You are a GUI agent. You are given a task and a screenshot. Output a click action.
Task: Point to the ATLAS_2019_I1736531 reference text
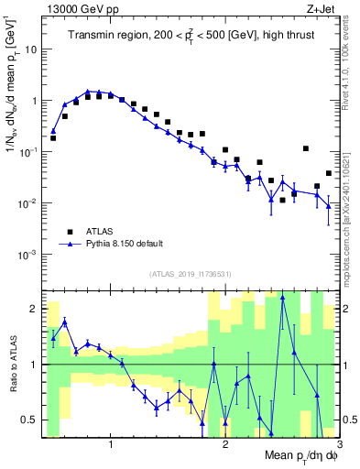point(191,274)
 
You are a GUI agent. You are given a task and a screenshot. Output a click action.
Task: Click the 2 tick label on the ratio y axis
point(35,309)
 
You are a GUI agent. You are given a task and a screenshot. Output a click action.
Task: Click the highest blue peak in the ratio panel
point(283,297)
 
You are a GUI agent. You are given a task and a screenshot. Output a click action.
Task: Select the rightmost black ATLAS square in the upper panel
point(328,173)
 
